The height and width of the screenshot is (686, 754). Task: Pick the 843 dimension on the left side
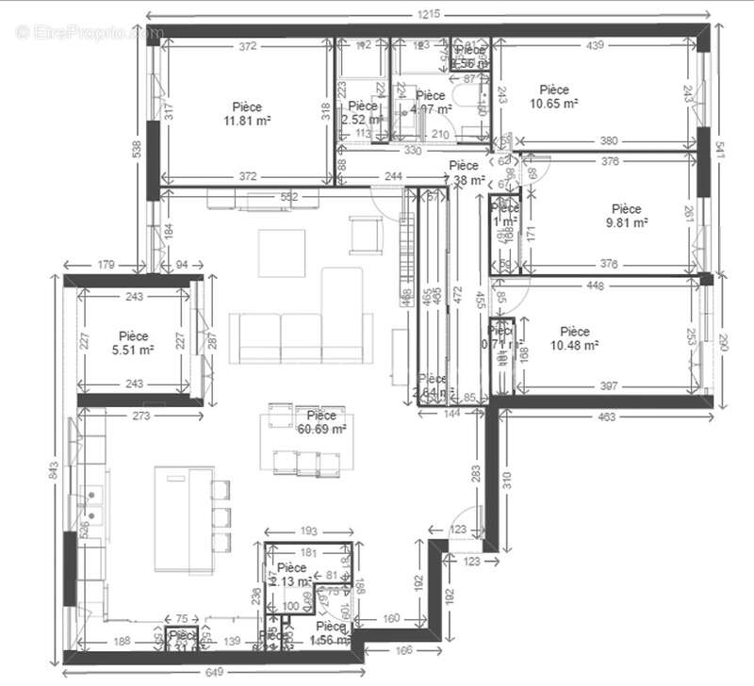53,467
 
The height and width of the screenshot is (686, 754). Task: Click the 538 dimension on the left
137,149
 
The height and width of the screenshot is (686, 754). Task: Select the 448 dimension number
619,286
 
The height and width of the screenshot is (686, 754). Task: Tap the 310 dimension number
506,479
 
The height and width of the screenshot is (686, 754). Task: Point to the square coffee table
283,252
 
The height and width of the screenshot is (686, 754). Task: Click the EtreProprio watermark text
90,32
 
